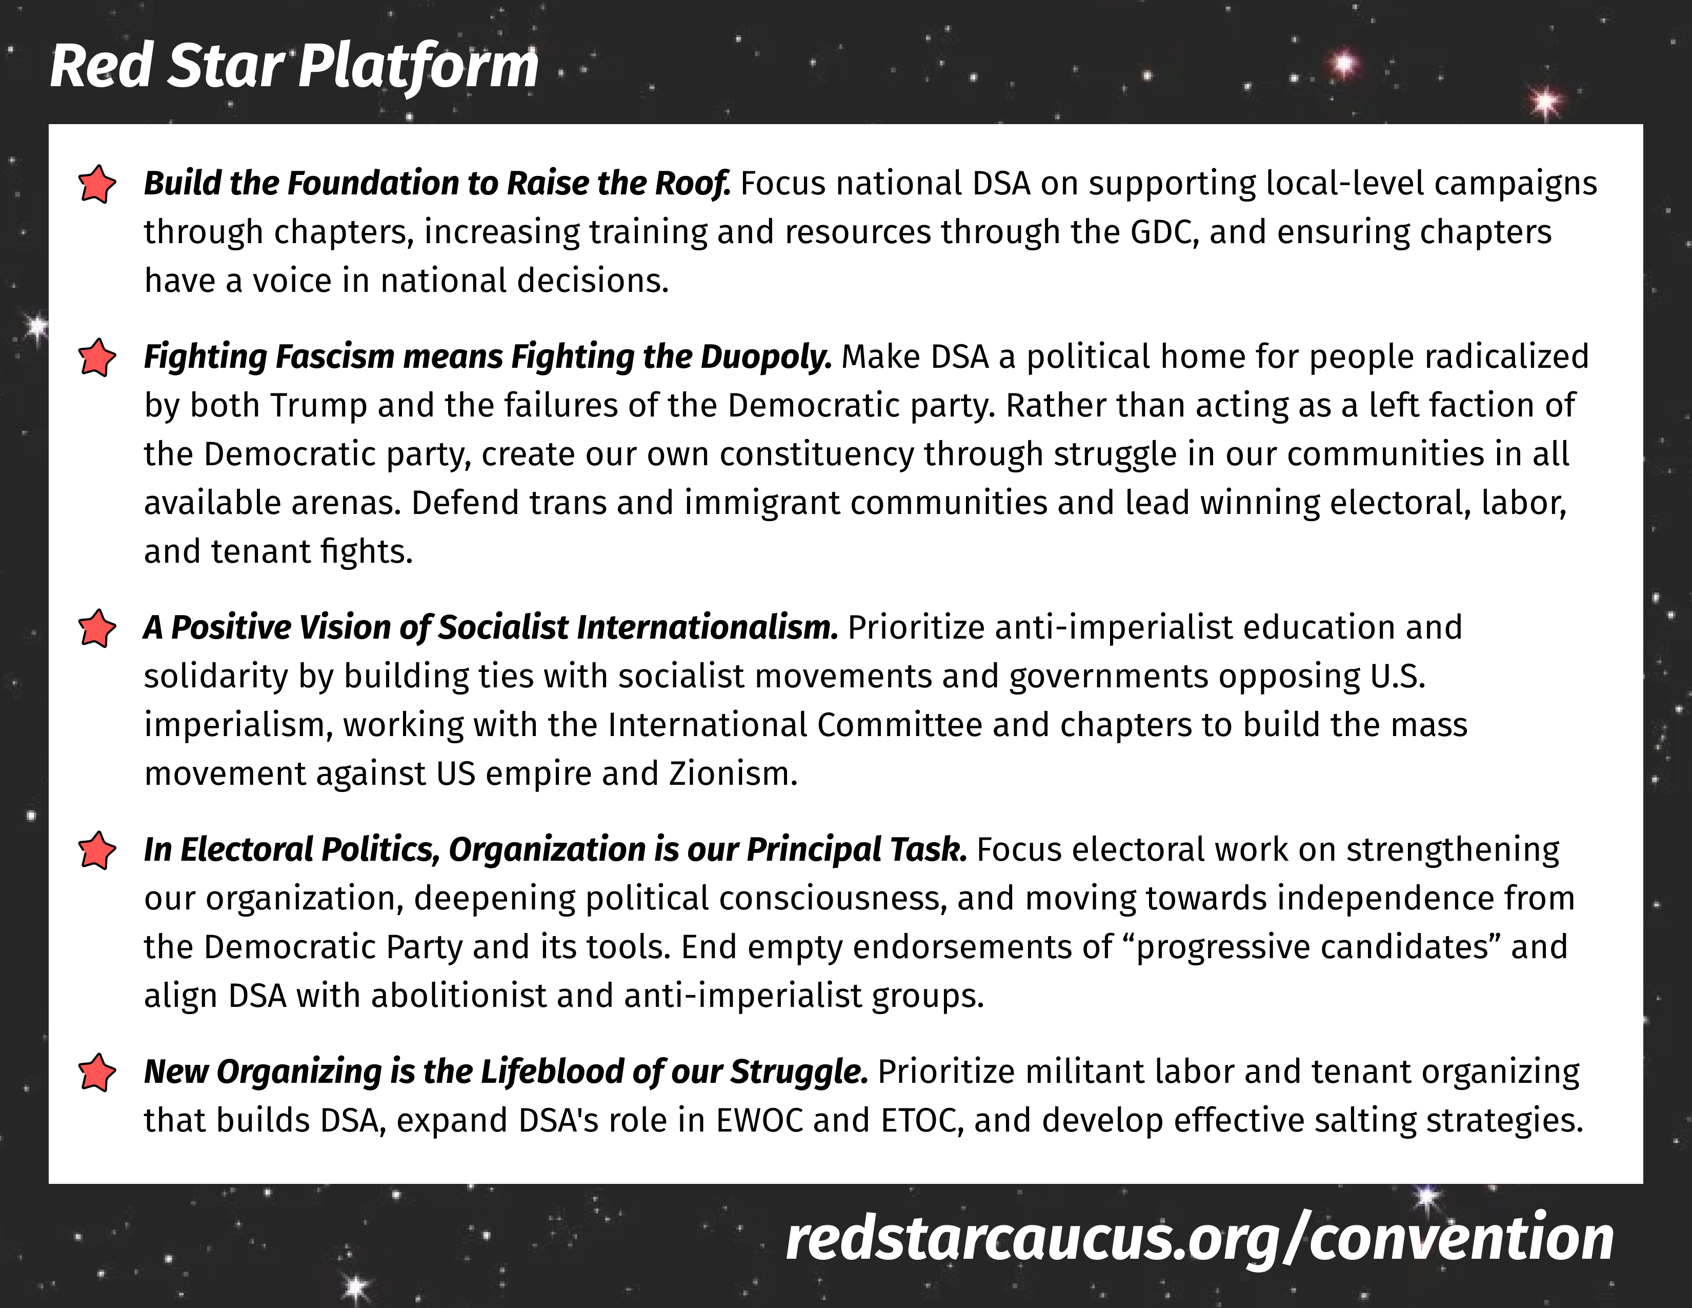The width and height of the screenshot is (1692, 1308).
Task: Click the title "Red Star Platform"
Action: point(294,67)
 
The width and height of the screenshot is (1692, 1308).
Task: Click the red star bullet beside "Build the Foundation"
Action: point(97,185)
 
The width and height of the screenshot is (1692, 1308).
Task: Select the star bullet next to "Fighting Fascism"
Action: point(97,358)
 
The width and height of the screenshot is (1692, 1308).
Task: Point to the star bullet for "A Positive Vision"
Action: point(97,628)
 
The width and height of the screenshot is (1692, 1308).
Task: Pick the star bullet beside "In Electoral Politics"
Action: point(97,851)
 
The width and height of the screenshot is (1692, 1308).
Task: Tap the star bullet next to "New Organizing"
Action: point(97,1073)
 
